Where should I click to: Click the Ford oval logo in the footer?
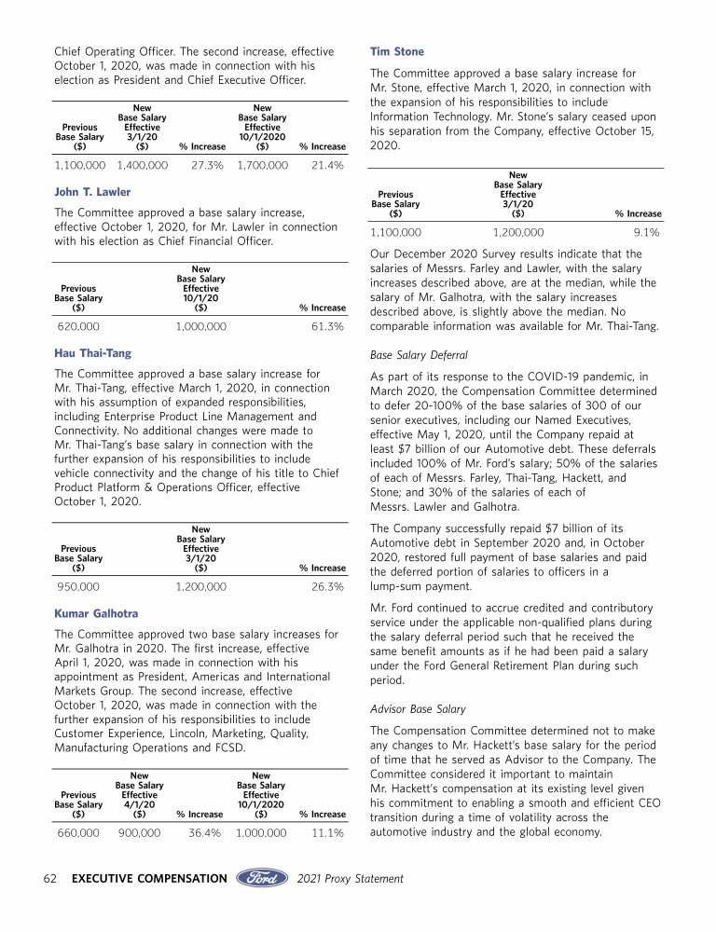tap(263, 878)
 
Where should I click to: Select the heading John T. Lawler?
tap(92, 192)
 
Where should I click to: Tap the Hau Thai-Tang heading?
tap(93, 353)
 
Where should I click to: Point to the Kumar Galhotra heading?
tap(97, 614)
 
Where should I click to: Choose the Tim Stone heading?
tap(397, 52)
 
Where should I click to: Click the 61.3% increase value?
tap(327, 327)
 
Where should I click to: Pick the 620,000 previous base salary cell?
tap(79, 327)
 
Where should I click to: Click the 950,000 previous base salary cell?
tap(79, 587)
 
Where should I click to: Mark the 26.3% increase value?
tap(327, 587)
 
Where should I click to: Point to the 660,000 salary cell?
tap(78, 833)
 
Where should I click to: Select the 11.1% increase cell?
tap(327, 833)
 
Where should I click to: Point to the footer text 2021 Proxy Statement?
tap(351, 878)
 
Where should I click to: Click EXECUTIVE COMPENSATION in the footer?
tap(149, 878)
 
